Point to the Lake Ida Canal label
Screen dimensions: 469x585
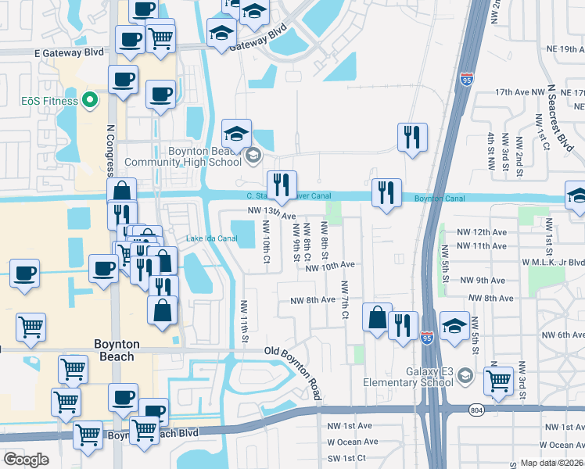point(210,238)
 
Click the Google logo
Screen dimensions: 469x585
point(26,459)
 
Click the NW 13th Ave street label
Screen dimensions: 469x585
point(271,212)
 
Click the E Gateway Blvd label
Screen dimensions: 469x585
point(69,52)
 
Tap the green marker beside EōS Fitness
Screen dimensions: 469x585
point(90,101)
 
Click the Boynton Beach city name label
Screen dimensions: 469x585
point(116,350)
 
